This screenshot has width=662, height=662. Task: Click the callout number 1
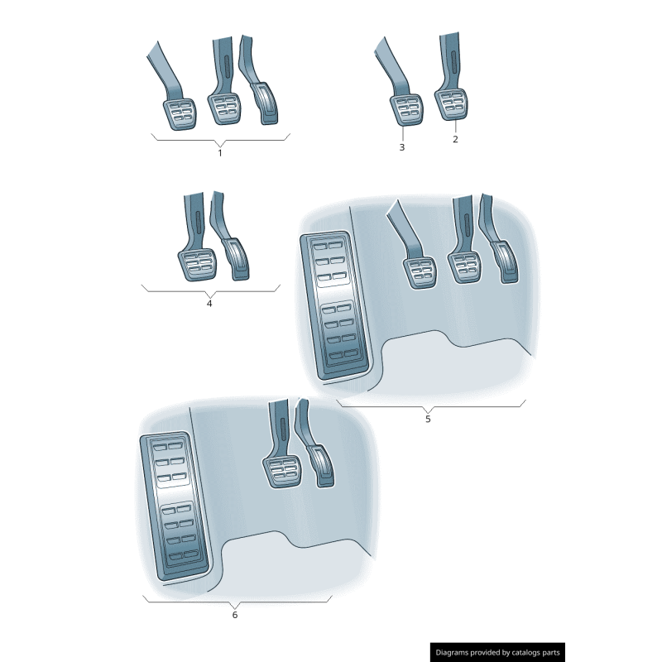coord(220,152)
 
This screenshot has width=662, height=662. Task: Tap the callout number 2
coord(455,139)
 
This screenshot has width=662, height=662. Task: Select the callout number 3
coord(401,147)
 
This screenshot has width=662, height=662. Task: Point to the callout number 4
coord(209,303)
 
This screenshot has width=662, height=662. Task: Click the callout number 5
coord(428,419)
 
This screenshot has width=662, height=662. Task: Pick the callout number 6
coord(234,615)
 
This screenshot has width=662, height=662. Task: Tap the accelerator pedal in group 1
coord(267,102)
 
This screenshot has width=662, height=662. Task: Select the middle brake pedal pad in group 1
coord(224,108)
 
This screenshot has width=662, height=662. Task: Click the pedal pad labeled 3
coord(405,109)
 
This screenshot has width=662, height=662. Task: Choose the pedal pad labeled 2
coord(452,105)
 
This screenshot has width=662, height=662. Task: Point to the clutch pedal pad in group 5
coord(420,272)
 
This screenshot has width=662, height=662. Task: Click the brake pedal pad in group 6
coord(282,474)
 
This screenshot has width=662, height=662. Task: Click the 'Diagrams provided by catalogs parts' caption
coord(498,653)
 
